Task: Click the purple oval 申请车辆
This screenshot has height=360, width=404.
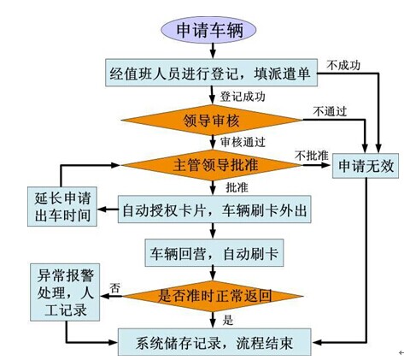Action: pyautogui.click(x=208, y=30)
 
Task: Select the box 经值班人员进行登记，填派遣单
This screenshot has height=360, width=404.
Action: pyautogui.click(x=211, y=73)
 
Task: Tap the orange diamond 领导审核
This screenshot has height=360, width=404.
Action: pyautogui.click(x=212, y=120)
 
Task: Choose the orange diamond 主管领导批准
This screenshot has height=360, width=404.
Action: pyautogui.click(x=212, y=165)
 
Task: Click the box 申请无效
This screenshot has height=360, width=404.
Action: pyautogui.click(x=366, y=166)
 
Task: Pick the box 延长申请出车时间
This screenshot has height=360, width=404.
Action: pyautogui.click(x=62, y=207)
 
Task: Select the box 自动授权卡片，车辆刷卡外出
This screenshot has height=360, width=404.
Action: pyautogui.click(x=214, y=210)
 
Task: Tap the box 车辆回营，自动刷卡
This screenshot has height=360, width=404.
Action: pyautogui.click(x=214, y=253)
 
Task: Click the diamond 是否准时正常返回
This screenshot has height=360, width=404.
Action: pyautogui.click(x=213, y=296)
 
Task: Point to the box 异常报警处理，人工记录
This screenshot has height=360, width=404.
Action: pyautogui.click(x=65, y=292)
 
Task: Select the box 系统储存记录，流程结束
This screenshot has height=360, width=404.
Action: pyautogui.click(x=214, y=342)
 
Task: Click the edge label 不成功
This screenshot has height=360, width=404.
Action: pyautogui.click(x=343, y=65)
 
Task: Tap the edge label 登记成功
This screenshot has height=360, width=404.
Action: pyautogui.click(x=243, y=97)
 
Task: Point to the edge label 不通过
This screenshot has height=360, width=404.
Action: pyautogui.click(x=330, y=111)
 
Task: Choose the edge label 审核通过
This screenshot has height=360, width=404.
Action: pyautogui.click(x=243, y=142)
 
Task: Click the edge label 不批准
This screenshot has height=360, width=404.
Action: pyautogui.click(x=312, y=156)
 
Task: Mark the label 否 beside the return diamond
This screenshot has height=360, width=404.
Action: pyautogui.click(x=115, y=288)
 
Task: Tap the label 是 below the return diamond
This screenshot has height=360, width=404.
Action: pyautogui.click(x=228, y=321)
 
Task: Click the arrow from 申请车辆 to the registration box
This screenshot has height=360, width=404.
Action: pyautogui.click(x=213, y=51)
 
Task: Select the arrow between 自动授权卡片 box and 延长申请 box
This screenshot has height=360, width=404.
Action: pyautogui.click(x=108, y=210)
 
